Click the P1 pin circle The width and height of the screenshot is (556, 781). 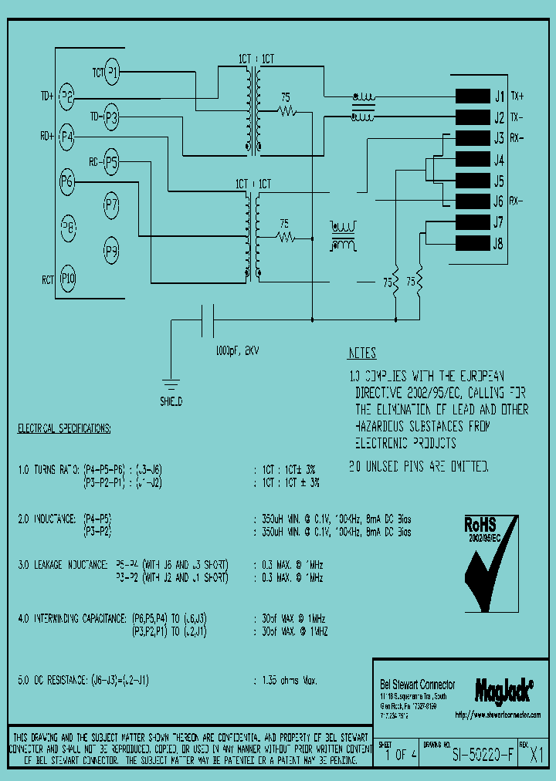(113, 73)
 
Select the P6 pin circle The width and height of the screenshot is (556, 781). (67, 182)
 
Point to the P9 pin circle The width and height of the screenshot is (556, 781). (111, 250)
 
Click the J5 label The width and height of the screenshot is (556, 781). (498, 181)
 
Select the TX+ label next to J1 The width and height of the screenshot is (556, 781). (517, 96)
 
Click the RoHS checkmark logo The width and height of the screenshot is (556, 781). (492, 559)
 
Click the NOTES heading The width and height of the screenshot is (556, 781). (361, 353)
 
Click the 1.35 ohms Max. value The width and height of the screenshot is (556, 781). (286, 681)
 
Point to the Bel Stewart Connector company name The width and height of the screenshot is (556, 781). (418, 685)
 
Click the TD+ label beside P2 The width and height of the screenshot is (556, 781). (48, 97)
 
